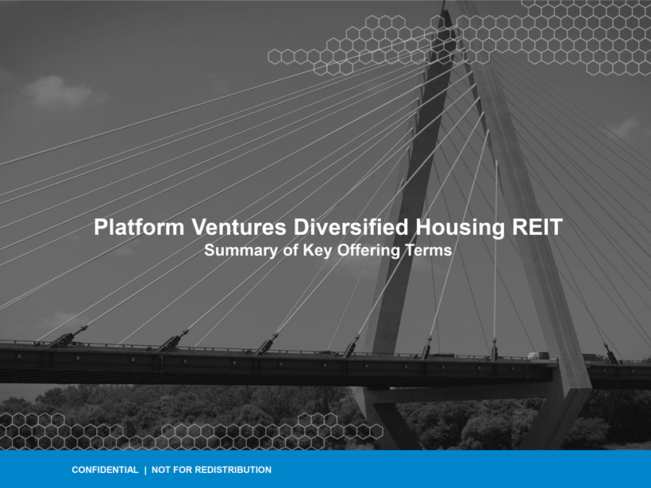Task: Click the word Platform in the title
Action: coord(139,228)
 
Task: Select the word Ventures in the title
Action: coord(239,228)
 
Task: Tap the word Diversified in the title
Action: coord(351,228)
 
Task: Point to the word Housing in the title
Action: coord(460,229)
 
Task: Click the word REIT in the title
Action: coord(537,228)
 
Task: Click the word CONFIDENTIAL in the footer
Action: coord(105,470)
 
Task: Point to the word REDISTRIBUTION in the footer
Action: coord(233,470)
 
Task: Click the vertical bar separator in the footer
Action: coord(145,471)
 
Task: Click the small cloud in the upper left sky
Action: coord(56,91)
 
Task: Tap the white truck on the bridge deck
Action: coord(538,355)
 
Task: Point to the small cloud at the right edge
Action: coord(629,128)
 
